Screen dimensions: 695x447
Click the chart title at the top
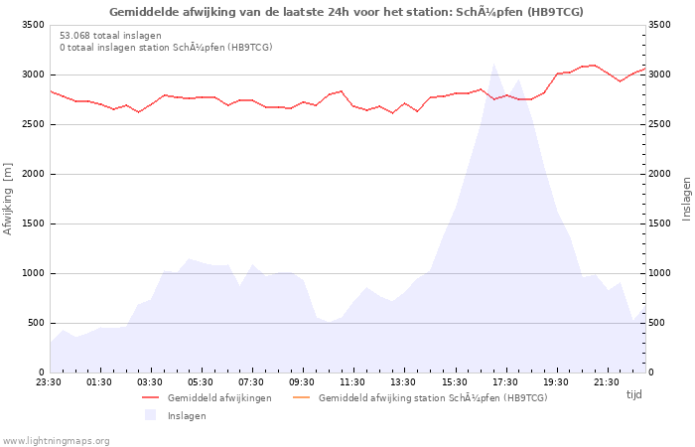347,12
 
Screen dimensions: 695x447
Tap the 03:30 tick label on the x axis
150,382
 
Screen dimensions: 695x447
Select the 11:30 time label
352,382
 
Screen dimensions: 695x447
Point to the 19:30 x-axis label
556,382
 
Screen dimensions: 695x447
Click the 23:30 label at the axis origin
49,382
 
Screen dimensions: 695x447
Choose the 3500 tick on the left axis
34,25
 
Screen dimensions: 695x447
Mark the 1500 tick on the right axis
660,223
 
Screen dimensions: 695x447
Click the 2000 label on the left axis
34,174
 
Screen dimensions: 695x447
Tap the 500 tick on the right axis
657,323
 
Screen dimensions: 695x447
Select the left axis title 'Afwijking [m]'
8,199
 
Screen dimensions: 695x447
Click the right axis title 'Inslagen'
687,199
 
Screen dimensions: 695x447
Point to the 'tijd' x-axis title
633,394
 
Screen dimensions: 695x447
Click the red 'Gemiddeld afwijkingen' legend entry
207,397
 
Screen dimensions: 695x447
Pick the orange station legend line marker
302,397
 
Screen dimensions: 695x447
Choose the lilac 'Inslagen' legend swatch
150,415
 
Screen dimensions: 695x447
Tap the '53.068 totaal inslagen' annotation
110,36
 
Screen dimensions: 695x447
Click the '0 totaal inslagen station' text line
166,47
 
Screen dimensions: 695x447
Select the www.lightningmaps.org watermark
56,441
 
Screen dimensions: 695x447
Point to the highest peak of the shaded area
493,64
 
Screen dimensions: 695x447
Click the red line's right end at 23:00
645,69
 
